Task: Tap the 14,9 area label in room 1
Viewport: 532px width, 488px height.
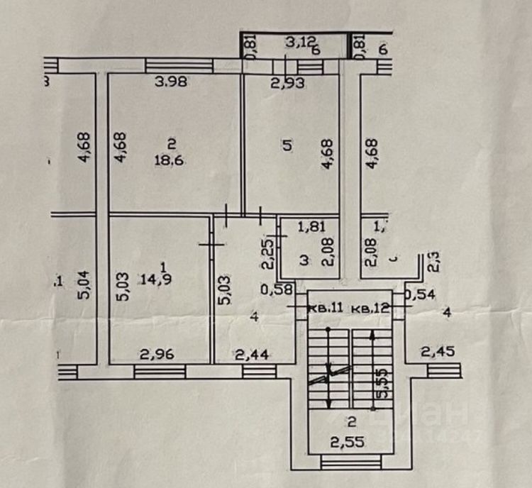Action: (164, 277)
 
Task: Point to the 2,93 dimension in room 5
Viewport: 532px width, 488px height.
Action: (288, 83)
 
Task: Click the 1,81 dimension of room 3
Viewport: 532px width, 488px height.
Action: (310, 228)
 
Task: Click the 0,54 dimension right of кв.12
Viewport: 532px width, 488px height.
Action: (419, 292)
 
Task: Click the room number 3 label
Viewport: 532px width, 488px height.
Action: (304, 261)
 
